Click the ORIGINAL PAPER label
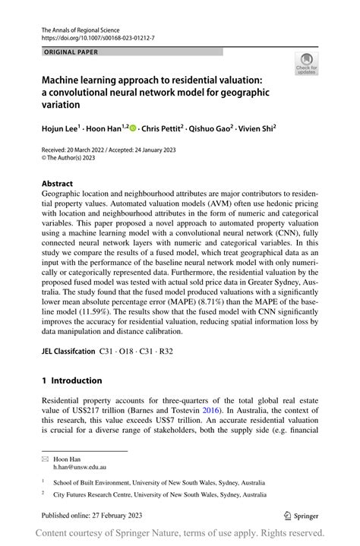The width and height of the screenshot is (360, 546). [x=71, y=52]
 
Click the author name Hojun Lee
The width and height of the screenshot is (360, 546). [x=63, y=129]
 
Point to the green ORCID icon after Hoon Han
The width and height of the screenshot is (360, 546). [x=134, y=129]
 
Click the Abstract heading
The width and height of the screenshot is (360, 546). [x=58, y=184]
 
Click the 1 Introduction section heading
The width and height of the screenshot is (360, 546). [x=71, y=380]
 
